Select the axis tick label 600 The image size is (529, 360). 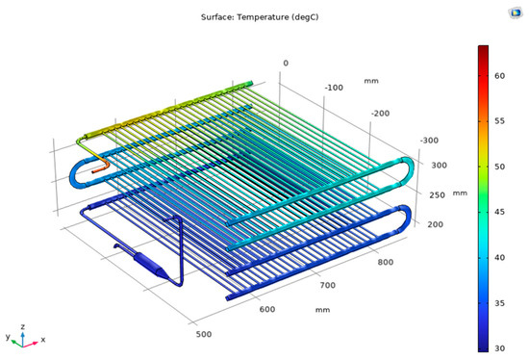coord(267,309)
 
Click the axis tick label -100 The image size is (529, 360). coord(334,88)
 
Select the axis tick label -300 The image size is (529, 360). coord(429,141)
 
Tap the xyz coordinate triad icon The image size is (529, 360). coord(24,335)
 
